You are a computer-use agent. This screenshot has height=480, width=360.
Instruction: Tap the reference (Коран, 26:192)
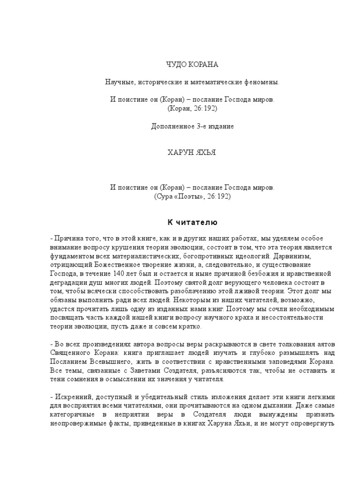(192, 108)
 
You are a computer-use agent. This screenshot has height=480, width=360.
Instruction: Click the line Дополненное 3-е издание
(192, 127)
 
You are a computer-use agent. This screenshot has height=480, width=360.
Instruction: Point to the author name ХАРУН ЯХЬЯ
(192, 154)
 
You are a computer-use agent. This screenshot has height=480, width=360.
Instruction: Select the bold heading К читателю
(192, 221)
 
